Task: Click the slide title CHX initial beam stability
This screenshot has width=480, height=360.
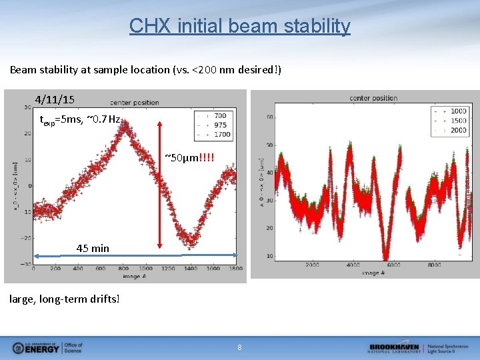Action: pos(239,26)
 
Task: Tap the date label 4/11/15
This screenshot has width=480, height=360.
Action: pos(55,99)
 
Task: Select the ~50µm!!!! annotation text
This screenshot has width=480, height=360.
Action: pos(190,157)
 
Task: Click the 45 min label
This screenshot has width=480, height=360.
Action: pos(93,248)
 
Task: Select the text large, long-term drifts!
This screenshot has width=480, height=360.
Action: pos(65,299)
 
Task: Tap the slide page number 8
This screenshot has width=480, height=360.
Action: pos(240,347)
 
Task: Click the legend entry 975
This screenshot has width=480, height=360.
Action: pos(220,125)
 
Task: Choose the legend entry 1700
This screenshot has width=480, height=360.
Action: pos(221,134)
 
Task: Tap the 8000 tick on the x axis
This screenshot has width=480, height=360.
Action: pos(434,265)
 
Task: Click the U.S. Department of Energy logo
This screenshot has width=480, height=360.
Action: pos(47,347)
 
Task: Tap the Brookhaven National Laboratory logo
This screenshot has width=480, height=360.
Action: pos(419,347)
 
